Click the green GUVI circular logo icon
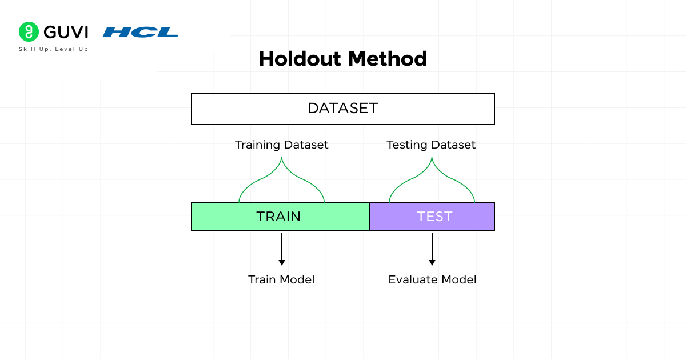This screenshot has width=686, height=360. click(28, 32)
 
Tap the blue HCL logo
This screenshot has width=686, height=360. click(140, 32)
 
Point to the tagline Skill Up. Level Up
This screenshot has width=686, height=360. click(54, 49)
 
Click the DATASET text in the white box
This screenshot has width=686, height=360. click(342, 109)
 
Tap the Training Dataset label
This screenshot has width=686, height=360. click(281, 145)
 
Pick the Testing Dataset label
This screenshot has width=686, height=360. click(431, 145)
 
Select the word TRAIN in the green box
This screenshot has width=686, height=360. click(278, 217)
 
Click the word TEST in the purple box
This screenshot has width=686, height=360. click(434, 217)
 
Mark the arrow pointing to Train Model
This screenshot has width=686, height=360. click(281, 248)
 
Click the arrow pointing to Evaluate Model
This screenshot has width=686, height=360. click(432, 248)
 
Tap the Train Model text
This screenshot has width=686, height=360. click(281, 279)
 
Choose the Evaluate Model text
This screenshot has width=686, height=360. click(432, 279)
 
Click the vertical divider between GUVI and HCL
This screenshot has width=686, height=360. click(95, 32)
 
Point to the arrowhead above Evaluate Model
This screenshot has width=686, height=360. click(432, 262)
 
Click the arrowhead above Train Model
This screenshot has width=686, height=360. click(281, 262)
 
